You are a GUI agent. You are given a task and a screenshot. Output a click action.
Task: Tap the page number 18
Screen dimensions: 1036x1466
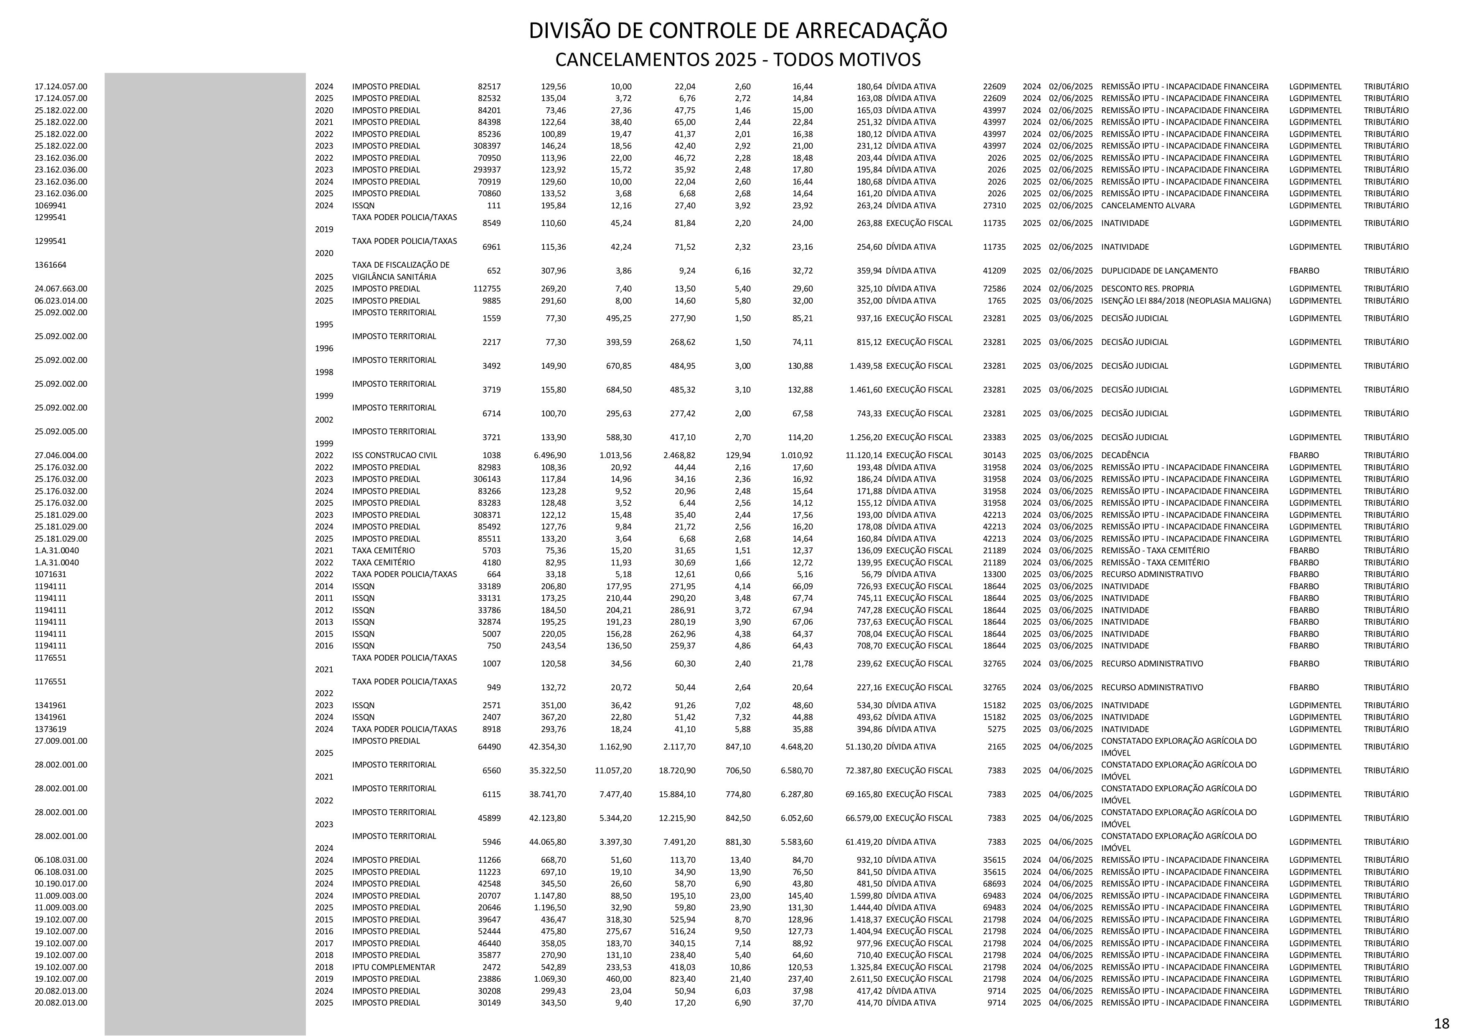point(1441,1023)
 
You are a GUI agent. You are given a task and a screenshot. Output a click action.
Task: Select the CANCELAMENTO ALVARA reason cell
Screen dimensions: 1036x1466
point(1147,205)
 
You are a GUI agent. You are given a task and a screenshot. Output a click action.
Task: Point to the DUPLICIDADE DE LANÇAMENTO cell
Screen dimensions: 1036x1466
point(1159,271)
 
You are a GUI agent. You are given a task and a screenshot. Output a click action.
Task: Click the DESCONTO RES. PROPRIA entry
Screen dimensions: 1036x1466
point(1147,289)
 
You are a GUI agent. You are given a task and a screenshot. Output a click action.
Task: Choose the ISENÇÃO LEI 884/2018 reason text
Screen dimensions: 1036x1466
point(1186,301)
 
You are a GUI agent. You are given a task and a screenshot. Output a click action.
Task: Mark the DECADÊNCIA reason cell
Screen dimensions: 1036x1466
point(1124,455)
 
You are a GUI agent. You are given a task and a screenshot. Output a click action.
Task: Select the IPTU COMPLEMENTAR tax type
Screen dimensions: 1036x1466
point(393,967)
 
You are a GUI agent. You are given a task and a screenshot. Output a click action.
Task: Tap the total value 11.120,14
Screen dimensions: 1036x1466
point(863,455)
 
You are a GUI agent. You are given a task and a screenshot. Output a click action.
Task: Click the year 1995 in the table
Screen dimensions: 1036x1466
point(324,324)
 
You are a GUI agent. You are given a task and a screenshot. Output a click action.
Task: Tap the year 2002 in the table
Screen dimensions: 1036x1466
point(324,419)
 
